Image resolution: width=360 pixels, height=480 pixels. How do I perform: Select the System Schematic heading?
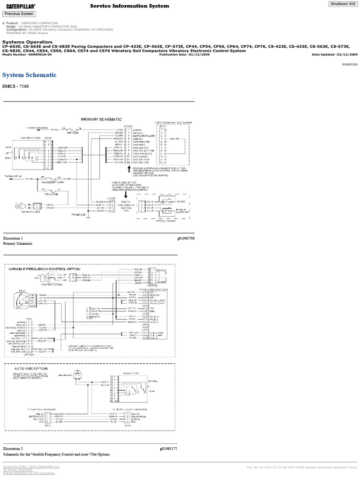coord(29,75)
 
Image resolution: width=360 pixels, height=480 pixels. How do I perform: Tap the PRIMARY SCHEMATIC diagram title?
coord(101,120)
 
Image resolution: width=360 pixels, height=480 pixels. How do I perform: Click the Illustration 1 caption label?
coord(13,239)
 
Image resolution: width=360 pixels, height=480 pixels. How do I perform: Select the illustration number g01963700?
coord(186,239)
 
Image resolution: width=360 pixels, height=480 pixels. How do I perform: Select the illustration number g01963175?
coord(168,435)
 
